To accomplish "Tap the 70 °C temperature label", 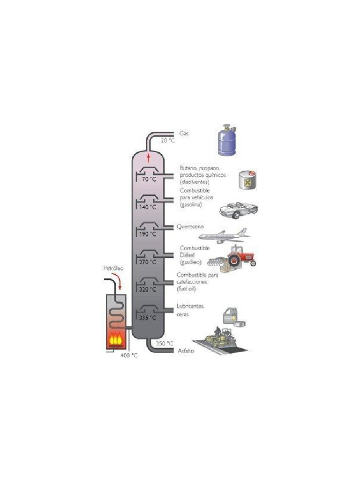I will click(149, 180).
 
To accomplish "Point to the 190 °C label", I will click(149, 234).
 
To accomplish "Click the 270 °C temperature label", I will click(149, 262).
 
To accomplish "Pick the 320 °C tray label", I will click(149, 290).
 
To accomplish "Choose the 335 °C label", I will click(149, 318).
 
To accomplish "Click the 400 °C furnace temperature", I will click(129, 355).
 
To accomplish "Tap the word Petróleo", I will click(113, 269).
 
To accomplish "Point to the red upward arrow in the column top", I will click(149, 156).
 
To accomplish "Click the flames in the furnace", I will click(116, 338).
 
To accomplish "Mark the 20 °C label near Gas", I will click(167, 140).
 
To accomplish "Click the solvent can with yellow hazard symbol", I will click(247, 180).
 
